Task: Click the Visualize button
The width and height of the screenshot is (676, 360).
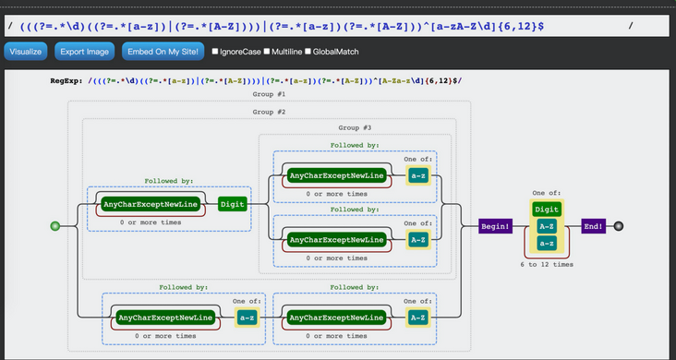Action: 26,52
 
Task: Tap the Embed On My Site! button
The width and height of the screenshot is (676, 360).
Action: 163,52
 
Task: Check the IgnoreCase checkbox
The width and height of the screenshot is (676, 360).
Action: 215,52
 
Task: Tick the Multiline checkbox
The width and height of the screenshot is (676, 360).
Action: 267,52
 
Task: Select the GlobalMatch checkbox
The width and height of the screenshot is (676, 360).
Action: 308,52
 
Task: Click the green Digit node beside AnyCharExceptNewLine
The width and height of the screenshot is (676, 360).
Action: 233,204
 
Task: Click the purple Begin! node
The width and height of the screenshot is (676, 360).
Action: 495,226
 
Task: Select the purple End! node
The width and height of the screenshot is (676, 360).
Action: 593,226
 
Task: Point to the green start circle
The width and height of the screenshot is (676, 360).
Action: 55,226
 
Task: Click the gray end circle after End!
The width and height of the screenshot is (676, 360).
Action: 619,226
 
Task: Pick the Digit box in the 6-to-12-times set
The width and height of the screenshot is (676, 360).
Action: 547,210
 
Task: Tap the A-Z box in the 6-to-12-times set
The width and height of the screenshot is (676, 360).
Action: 547,226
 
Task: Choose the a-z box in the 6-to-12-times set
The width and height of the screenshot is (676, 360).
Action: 547,243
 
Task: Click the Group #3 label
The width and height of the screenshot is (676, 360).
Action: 355,127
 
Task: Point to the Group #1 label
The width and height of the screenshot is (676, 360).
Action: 269,94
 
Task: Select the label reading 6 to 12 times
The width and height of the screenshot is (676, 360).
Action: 547,264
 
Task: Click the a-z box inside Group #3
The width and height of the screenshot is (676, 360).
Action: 418,176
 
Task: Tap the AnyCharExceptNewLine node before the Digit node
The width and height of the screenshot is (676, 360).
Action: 151,204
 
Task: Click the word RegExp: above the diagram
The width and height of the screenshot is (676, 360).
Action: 66,80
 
